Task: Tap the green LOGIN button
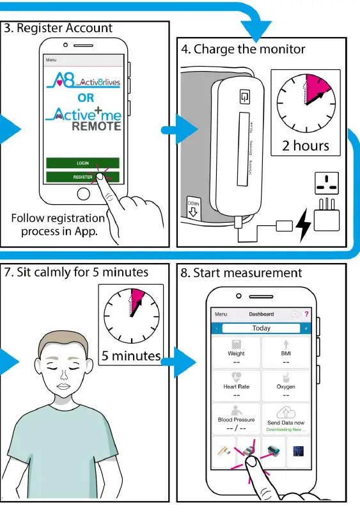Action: click(82, 163)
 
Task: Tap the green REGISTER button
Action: click(82, 177)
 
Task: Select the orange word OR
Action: click(86, 99)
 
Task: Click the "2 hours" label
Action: click(306, 145)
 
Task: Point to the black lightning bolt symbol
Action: click(303, 223)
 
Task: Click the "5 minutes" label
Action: click(131, 355)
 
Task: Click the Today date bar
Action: click(261, 328)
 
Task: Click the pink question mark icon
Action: click(306, 314)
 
